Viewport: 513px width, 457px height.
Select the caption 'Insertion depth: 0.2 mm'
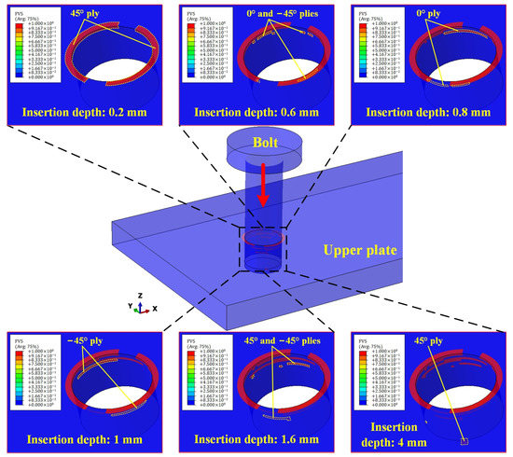coord(83,115)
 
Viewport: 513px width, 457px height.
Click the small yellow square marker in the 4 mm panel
coord(463,410)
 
